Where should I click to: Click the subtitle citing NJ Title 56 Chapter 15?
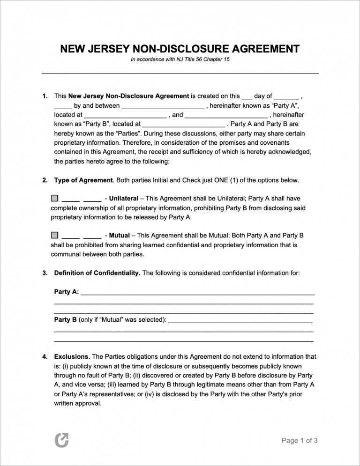[x=180, y=60]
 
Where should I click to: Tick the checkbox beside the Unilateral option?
[x=54, y=198]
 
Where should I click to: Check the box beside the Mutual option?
[x=54, y=235]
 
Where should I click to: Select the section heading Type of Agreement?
[x=83, y=180]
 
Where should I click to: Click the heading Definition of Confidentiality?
[x=97, y=273]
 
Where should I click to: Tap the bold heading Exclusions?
[x=71, y=356]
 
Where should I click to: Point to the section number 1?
[x=45, y=96]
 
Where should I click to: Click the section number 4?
[x=45, y=356]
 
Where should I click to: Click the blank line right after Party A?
[x=197, y=292]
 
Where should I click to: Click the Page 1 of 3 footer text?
[x=300, y=440]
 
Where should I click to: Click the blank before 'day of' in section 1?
[x=247, y=96]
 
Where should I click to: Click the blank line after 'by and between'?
[x=163, y=106]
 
